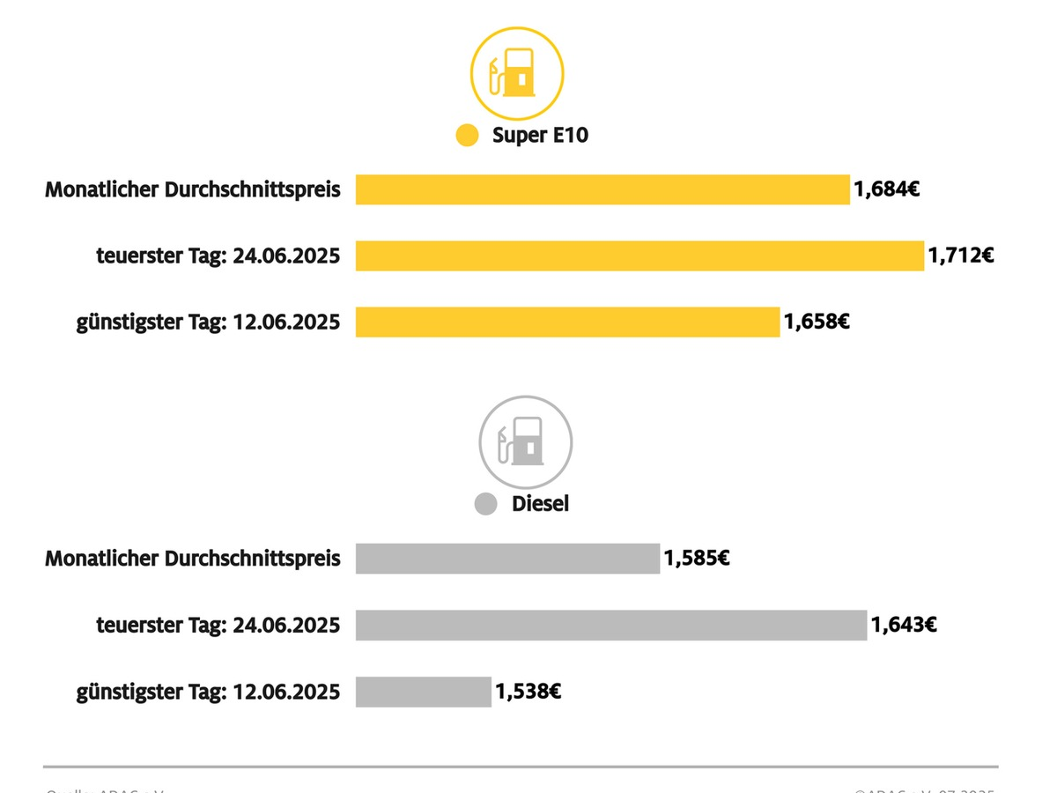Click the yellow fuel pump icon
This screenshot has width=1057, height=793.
[517, 73]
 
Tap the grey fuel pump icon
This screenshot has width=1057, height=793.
[525, 441]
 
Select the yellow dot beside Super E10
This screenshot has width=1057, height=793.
[467, 136]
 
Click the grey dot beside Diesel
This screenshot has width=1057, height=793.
[486, 504]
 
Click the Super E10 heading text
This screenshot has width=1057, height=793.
[540, 136]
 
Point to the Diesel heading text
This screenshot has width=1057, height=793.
[540, 504]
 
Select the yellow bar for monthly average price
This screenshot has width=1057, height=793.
[602, 189]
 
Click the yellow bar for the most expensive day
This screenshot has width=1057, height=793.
[639, 256]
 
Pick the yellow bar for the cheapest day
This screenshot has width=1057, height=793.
[567, 322]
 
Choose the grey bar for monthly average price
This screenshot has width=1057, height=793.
[507, 559]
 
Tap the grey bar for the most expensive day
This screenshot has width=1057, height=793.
[611, 625]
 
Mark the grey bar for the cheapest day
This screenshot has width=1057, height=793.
[423, 692]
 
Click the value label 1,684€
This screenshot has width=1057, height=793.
[886, 189]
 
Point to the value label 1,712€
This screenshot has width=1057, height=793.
[961, 256]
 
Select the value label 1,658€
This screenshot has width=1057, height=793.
[817, 322]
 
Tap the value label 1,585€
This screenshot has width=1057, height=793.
[697, 558]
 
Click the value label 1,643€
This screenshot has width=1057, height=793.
[904, 625]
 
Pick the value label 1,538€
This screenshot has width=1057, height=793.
[528, 691]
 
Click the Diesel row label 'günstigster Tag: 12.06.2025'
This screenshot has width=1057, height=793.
[208, 692]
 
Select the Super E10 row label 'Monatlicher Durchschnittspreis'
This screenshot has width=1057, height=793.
[193, 189]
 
